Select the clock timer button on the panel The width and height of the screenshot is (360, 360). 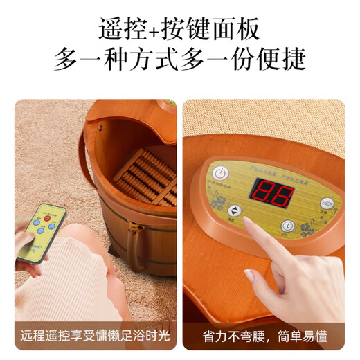pos(289,226)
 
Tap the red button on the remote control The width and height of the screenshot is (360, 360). pos(48,220)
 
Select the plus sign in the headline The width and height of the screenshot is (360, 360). pos(152,30)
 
